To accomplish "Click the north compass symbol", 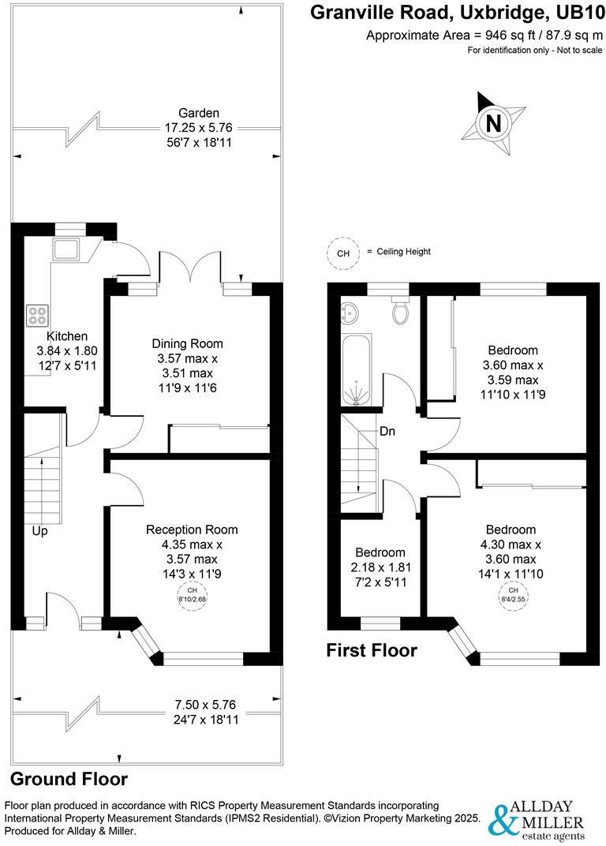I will pos(494,122).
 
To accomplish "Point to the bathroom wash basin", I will pos(350,313).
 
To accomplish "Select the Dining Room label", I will pos(187,343).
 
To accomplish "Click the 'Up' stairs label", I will pos(39,531).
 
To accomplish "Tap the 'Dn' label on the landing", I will pos(387,431).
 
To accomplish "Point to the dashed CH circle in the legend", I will pos(342,253).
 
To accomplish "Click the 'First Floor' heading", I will pos(372,650).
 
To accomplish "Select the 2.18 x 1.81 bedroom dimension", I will pos(380,567).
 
